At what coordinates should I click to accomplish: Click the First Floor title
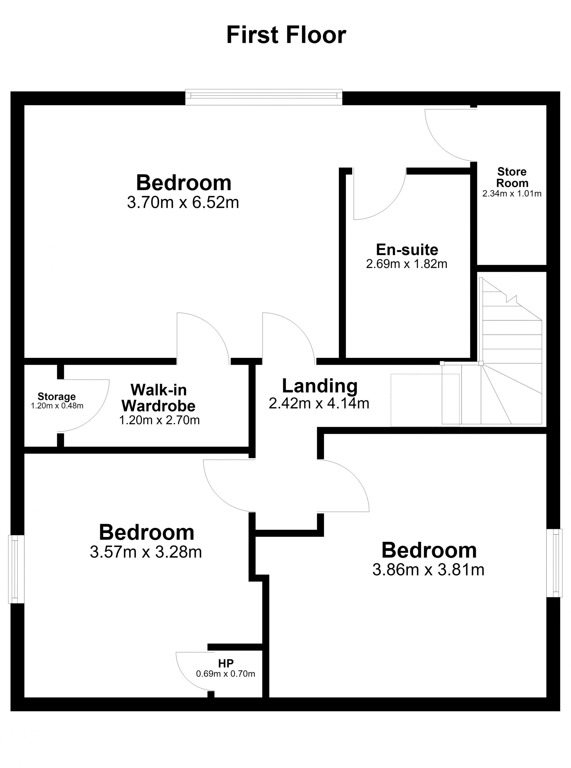pyautogui.click(x=286, y=35)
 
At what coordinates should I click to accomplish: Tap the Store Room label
pyautogui.click(x=512, y=177)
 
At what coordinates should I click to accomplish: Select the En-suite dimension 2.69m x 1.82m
pyautogui.click(x=406, y=264)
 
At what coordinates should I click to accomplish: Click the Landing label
pyautogui.click(x=320, y=386)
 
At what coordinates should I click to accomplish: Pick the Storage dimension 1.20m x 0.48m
pyautogui.click(x=57, y=406)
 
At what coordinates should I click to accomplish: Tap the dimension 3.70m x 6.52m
pyautogui.click(x=183, y=202)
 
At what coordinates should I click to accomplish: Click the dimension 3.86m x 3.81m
pyautogui.click(x=428, y=569)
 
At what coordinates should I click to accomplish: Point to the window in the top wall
pyautogui.click(x=264, y=97)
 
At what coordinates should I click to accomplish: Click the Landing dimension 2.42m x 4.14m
pyautogui.click(x=319, y=403)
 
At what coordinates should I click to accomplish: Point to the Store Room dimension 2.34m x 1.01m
pyautogui.click(x=512, y=193)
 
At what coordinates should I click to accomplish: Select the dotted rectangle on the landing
pyautogui.click(x=425, y=400)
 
